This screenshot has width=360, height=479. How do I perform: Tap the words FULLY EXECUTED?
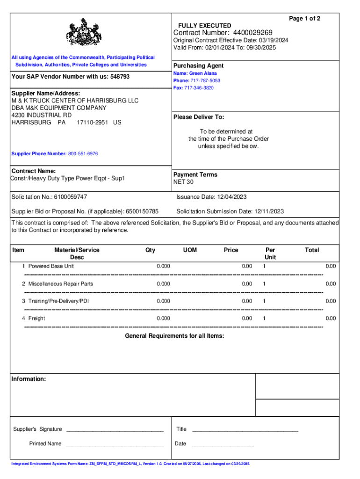[204, 25]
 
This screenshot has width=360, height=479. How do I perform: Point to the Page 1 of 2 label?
[304, 18]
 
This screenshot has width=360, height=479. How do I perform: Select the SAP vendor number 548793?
[120, 77]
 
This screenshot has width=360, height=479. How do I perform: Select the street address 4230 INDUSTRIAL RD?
[42, 115]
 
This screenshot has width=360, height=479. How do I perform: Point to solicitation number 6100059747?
[70, 197]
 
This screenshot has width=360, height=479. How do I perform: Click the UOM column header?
[190, 250]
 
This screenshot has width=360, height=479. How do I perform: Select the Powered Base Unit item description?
[51, 266]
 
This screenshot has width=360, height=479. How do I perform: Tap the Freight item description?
[36, 319]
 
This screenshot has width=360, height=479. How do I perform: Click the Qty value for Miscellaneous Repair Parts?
[163, 284]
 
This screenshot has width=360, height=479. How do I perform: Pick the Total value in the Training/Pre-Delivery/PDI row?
[330, 301]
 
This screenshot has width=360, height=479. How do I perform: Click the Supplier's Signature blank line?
[115, 429]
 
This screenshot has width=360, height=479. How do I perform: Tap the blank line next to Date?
[223, 443]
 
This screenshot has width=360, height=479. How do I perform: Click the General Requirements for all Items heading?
[174, 336]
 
